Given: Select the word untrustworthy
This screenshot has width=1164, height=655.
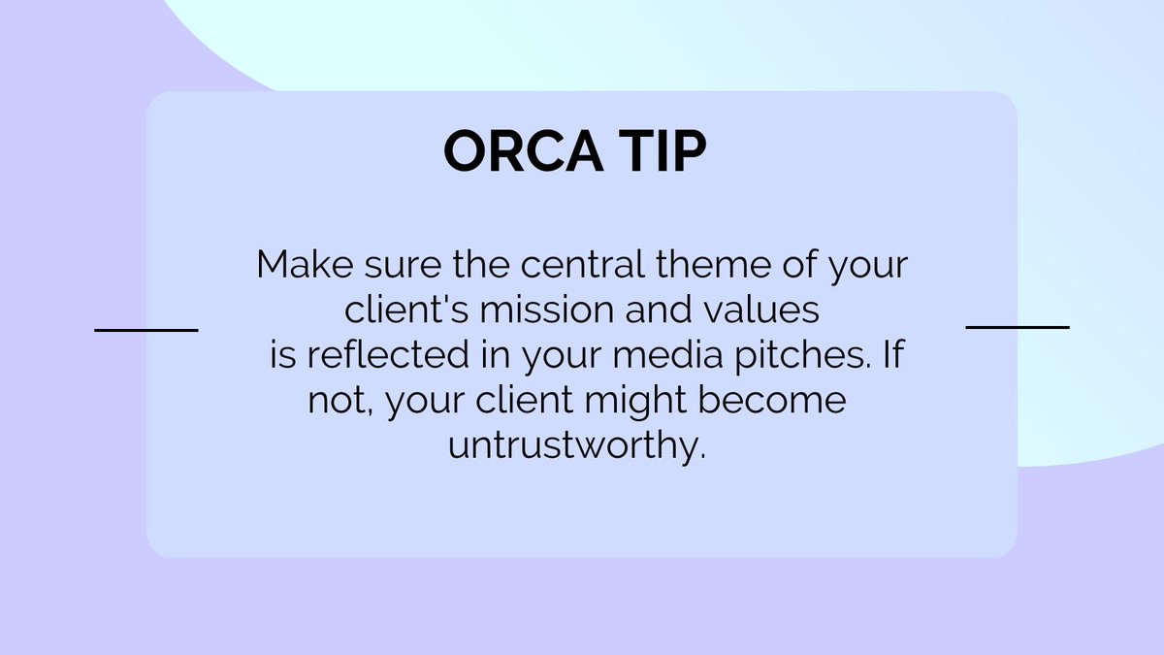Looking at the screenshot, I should [x=573, y=446].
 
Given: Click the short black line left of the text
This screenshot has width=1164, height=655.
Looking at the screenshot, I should [x=145, y=330].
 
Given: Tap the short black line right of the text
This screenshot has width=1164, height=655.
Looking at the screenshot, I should [x=1018, y=327].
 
